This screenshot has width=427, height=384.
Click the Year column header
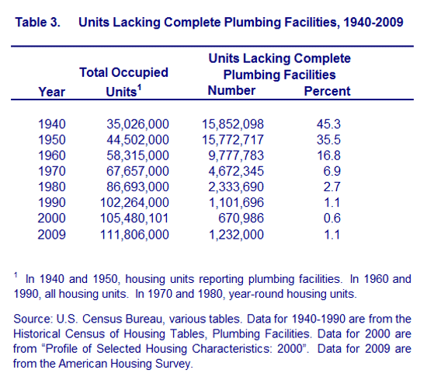pos(52,92)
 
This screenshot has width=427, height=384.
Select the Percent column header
pos(327,91)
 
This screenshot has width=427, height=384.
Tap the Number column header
pos(231,90)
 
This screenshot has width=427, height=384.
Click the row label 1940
pos(52,124)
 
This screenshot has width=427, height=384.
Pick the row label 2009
pos(52,235)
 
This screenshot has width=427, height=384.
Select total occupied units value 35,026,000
pos(137,124)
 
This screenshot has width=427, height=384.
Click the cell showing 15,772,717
pos(233,140)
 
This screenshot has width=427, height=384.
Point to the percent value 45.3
pos(328,124)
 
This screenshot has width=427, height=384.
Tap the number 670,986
pos(241,218)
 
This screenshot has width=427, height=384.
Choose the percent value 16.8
pos(328,155)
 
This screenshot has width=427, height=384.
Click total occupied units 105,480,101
pos(134,218)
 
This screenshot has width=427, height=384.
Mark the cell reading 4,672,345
pos(236,171)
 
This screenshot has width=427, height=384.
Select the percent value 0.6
pos(332,218)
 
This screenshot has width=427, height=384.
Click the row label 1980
pos(52,187)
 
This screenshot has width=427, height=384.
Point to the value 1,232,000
pos(236,235)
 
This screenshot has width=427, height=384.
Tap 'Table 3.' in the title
pos(37,22)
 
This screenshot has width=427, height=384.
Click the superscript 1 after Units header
pos(139,87)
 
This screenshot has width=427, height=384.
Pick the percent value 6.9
pos(332,171)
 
